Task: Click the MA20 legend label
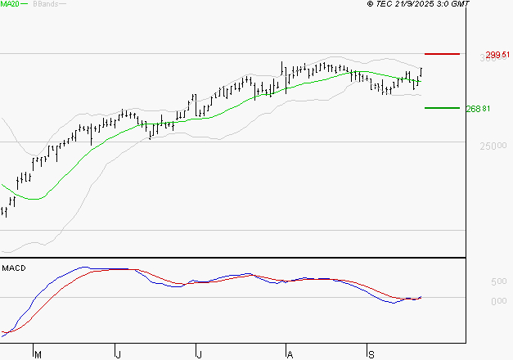tap(11, 5)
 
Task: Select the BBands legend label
tap(45, 5)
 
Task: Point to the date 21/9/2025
tap(416, 5)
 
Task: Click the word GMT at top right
tap(461, 5)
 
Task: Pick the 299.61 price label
tap(497, 55)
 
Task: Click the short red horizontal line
tap(442, 54)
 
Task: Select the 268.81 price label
tap(479, 109)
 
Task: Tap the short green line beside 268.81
tap(442, 108)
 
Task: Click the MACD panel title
tap(12, 268)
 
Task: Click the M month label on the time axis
tap(37, 354)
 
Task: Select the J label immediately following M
tap(118, 354)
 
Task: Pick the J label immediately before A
tap(199, 354)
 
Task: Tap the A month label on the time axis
tap(289, 354)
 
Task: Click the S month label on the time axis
tap(370, 354)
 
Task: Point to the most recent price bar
tap(421, 73)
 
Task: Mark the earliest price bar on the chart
tap(5, 212)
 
